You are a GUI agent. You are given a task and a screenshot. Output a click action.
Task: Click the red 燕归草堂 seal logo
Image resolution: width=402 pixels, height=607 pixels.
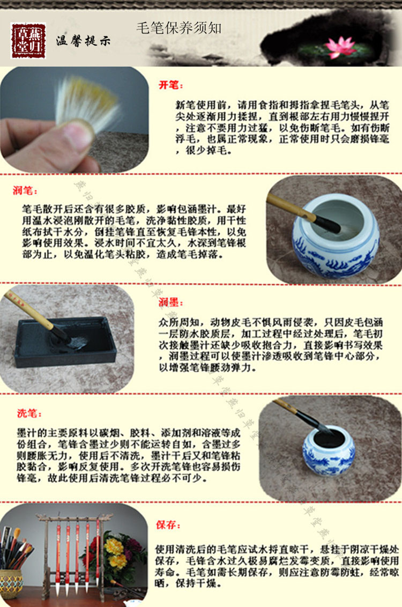click(x=28, y=41)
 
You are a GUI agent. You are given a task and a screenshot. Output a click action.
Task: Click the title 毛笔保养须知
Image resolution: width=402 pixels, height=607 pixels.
click(x=178, y=28)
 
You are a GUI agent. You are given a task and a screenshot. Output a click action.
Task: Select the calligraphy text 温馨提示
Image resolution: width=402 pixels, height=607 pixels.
click(x=83, y=41)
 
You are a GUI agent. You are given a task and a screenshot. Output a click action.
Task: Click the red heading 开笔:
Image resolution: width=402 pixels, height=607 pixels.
click(x=170, y=85)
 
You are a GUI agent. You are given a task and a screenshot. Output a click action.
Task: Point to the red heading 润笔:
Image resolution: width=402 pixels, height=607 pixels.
click(x=25, y=190)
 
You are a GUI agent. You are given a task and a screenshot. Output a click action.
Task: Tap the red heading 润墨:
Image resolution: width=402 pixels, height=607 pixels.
click(x=170, y=302)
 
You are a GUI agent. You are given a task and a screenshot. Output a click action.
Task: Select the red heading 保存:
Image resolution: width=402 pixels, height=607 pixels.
click(x=168, y=525)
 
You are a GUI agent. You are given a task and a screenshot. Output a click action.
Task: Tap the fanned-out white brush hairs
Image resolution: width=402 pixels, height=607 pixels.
click(x=88, y=101)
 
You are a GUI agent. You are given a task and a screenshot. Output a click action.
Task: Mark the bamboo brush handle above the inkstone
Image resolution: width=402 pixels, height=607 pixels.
click(x=29, y=310)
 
